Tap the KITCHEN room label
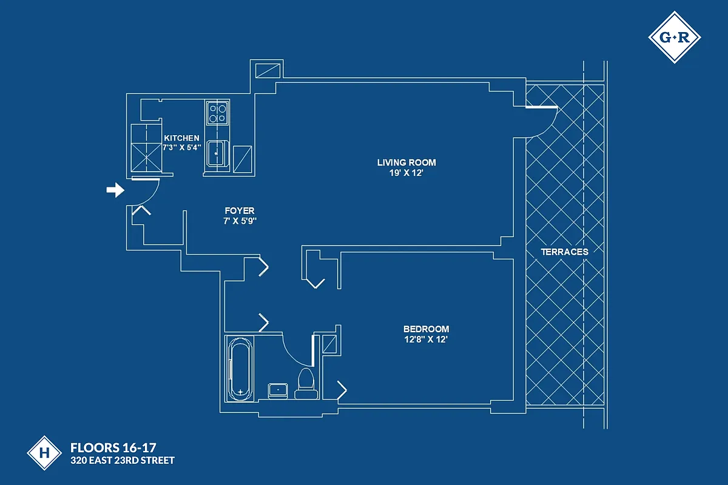[181, 138]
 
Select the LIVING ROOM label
[406, 162]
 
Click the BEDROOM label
[426, 329]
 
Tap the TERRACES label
[565, 252]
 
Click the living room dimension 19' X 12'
[406, 173]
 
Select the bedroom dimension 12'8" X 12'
[426, 339]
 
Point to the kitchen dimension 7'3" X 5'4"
[181, 147]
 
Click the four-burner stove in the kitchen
[218, 113]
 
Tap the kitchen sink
[216, 152]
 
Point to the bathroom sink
[278, 390]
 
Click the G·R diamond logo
[675, 38]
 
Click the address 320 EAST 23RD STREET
[123, 461]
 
